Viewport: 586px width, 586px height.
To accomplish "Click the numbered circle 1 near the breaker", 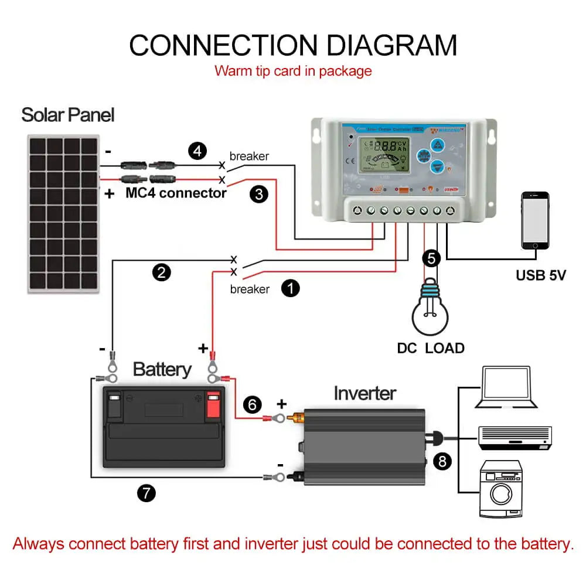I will click(x=291, y=288).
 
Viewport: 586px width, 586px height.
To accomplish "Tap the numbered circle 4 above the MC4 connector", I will click(x=197, y=151).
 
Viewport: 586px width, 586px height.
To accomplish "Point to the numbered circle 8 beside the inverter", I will click(x=442, y=462).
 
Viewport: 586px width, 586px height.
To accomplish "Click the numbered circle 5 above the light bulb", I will click(x=431, y=257).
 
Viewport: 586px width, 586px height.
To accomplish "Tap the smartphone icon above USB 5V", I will click(x=536, y=221).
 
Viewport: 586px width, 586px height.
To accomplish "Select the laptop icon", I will click(x=506, y=387).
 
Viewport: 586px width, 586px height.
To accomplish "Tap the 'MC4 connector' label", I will click(x=176, y=193).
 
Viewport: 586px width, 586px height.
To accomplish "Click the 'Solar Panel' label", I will click(x=68, y=114).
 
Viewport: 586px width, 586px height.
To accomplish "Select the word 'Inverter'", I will click(x=364, y=393).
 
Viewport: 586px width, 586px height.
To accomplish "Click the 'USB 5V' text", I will click(x=540, y=274).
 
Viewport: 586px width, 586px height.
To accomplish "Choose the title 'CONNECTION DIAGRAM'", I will click(x=292, y=45).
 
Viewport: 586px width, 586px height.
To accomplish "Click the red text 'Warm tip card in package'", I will click(x=293, y=71).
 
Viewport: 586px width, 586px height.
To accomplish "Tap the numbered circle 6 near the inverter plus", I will click(x=252, y=404).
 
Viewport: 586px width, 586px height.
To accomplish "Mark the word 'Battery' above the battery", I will click(x=162, y=369).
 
